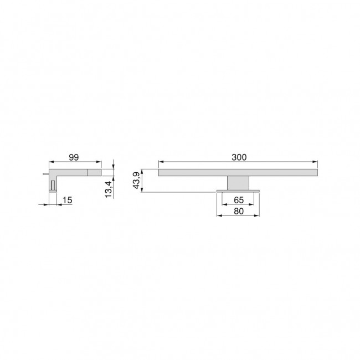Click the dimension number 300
239,157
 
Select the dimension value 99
73,157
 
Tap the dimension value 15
67,199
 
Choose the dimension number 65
239,199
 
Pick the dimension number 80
239,211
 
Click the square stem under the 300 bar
239,183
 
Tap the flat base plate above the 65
239,191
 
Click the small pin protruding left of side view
44,174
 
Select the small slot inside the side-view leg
53,184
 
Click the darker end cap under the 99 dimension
95,172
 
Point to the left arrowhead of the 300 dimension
161,162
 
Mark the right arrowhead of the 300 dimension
316,162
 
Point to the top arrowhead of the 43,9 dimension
143,171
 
